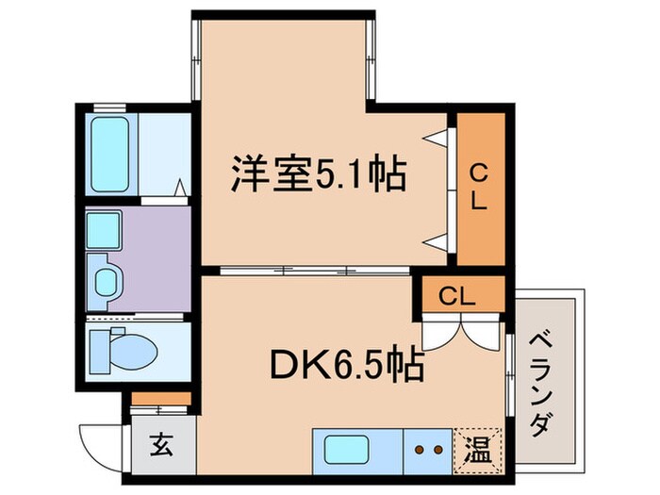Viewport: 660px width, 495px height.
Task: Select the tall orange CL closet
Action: [x=479, y=188]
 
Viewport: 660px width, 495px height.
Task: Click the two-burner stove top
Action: [x=429, y=450]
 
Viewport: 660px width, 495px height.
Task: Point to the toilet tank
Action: [x=97, y=351]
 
